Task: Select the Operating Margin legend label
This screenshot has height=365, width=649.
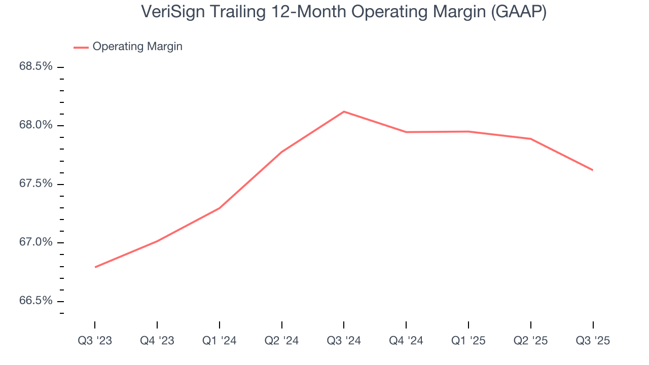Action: (x=137, y=47)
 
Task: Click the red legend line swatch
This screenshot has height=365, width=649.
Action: (x=81, y=47)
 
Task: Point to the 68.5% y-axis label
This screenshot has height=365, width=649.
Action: (x=35, y=66)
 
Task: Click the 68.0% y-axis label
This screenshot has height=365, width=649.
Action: (x=35, y=125)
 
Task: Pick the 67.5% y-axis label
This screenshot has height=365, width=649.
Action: (x=35, y=184)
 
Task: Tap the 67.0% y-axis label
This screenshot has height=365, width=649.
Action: (x=35, y=242)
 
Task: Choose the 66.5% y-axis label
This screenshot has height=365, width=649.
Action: (x=35, y=301)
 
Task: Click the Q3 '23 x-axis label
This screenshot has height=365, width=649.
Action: (x=95, y=341)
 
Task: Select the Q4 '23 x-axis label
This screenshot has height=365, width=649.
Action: (x=157, y=341)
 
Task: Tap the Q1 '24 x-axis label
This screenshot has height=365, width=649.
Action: (x=219, y=341)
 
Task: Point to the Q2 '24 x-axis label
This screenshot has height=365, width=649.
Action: (x=281, y=341)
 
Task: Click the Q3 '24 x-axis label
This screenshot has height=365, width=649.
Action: (x=344, y=341)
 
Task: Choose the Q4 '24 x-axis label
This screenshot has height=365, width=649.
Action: (x=406, y=341)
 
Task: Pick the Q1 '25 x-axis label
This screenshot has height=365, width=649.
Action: (x=468, y=341)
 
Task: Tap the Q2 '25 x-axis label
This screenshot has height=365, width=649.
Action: (x=530, y=341)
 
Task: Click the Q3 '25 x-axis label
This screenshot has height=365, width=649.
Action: (x=593, y=341)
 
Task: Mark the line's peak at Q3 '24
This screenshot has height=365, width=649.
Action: (x=344, y=112)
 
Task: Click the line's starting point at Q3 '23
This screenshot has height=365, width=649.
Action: (x=95, y=267)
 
